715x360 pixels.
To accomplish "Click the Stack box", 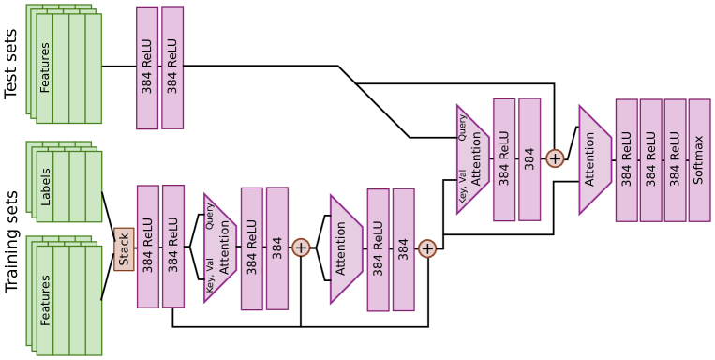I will click(x=124, y=248).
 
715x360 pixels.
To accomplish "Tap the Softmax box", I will click(x=699, y=159).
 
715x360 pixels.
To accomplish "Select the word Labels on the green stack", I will click(x=46, y=187).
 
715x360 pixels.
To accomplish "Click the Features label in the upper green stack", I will click(x=45, y=67).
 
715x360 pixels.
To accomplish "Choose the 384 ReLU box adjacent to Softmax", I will click(x=675, y=159).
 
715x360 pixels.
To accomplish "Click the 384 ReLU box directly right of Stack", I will click(x=148, y=246).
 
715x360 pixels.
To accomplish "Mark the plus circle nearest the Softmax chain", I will click(x=555, y=158).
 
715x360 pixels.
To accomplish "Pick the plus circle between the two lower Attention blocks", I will click(x=301, y=247).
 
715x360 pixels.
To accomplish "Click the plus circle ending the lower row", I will click(x=427, y=248).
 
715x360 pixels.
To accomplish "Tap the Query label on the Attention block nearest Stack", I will click(x=210, y=217).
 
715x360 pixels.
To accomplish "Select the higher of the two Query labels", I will click(x=462, y=127).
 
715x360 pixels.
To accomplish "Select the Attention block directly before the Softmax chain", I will click(x=592, y=159).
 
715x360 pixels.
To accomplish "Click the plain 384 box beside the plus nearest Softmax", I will click(x=529, y=159).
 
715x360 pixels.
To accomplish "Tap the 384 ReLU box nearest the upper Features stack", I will click(x=148, y=67).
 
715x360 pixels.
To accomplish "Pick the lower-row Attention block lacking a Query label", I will click(x=344, y=248).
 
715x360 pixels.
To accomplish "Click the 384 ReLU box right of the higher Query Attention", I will click(x=504, y=159).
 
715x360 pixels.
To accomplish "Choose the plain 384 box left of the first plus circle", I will click(x=277, y=247).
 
